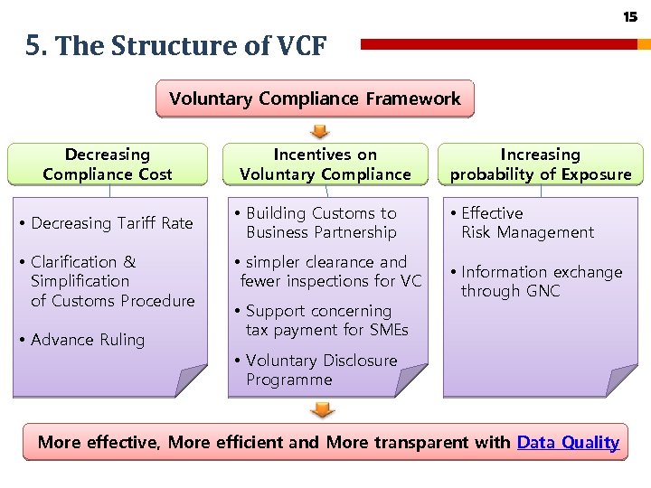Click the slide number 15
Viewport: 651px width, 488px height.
[x=630, y=17]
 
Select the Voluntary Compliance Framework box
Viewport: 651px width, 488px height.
[x=315, y=99]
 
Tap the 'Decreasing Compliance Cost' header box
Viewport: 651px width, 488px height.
[x=108, y=164]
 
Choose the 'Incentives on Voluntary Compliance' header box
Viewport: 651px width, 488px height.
[x=325, y=164]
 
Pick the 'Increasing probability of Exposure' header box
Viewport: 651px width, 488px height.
[x=541, y=164]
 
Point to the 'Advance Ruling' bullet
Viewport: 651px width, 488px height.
[x=88, y=340]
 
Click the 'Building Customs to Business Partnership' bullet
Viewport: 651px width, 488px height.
[x=321, y=223]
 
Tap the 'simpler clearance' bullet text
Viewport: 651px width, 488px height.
[x=326, y=271]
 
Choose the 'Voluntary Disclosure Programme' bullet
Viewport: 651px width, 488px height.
[x=321, y=370]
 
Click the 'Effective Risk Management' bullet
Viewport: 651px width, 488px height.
[x=527, y=223]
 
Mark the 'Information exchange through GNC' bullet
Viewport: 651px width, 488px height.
[x=541, y=281]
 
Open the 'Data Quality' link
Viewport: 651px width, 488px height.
[x=568, y=443]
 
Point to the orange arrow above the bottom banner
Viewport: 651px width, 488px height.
[x=322, y=410]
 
